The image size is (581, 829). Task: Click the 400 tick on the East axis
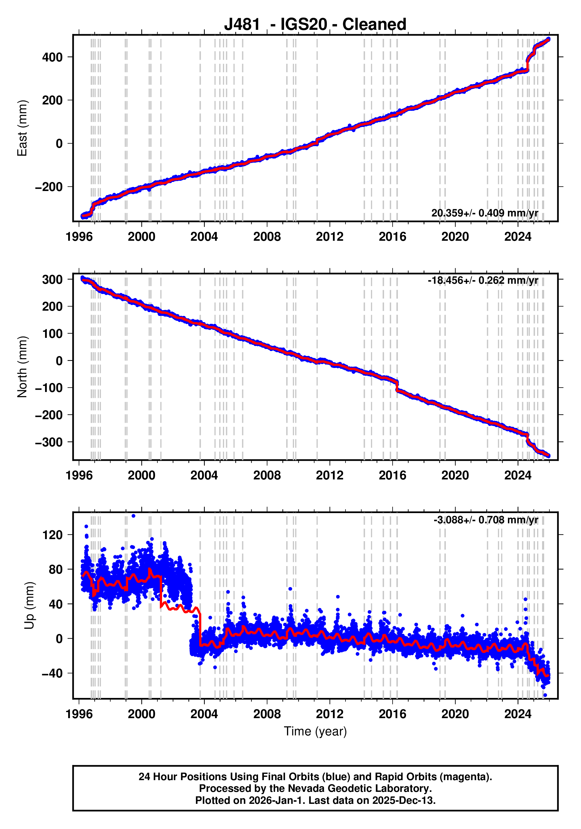click(x=52, y=57)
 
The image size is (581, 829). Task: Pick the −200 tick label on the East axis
click(x=49, y=187)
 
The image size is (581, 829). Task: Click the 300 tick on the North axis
click(x=52, y=279)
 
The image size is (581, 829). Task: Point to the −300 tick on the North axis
click(x=49, y=442)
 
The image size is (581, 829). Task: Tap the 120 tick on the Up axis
click(x=52, y=535)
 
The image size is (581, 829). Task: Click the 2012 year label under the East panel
click(x=329, y=237)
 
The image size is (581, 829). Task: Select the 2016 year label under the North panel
click(x=392, y=476)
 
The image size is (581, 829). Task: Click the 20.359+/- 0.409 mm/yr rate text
click(x=484, y=213)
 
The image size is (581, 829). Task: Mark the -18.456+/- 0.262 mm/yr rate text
click(x=483, y=280)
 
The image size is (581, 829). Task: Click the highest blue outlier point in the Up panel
click(x=133, y=516)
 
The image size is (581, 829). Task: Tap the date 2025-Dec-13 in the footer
click(x=403, y=800)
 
